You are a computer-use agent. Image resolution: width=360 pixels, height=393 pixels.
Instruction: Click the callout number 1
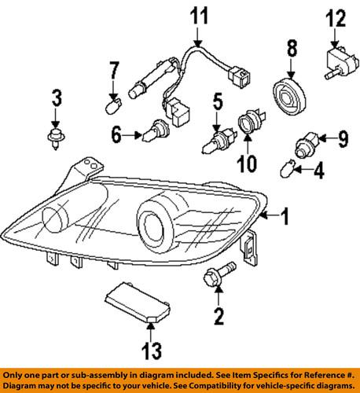click(285, 214)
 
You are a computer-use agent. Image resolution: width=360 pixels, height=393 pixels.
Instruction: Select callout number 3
click(56, 99)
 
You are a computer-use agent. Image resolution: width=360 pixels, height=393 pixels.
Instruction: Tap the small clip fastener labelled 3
click(55, 142)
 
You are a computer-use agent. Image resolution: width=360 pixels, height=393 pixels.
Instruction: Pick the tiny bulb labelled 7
click(112, 101)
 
